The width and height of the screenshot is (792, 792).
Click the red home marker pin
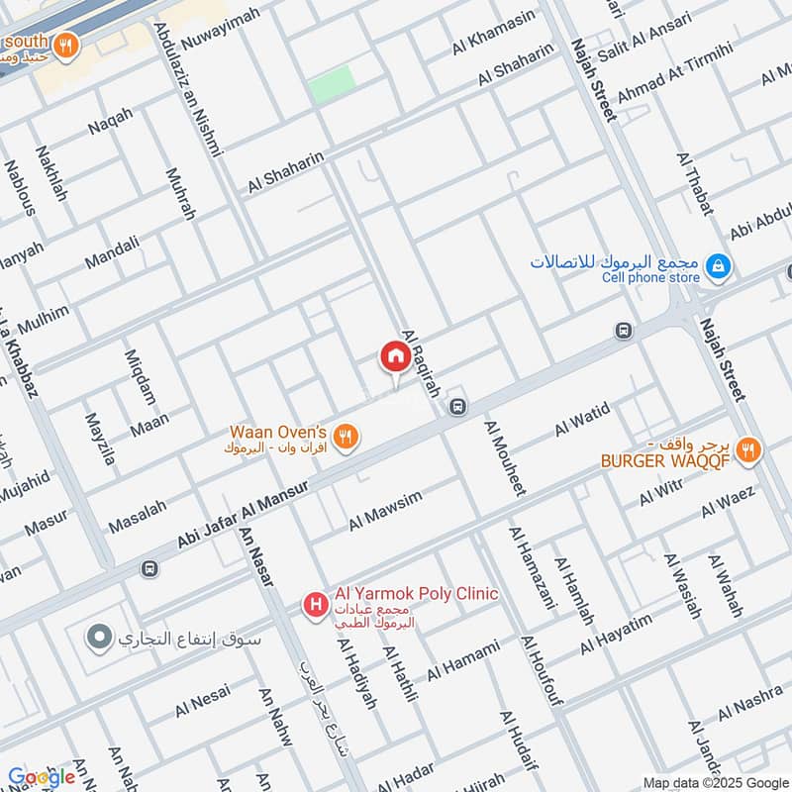[394, 357]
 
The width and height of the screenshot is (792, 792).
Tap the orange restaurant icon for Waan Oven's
[345, 436]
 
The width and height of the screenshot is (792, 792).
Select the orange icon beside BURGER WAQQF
[749, 451]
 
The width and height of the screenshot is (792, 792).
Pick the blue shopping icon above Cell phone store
[719, 265]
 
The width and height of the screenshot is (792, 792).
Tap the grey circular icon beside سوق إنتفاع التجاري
[98, 638]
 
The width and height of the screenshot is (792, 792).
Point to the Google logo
[41, 777]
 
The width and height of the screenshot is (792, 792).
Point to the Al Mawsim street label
[385, 510]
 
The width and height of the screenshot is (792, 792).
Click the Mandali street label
[112, 252]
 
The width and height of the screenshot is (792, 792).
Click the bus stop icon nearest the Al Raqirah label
[457, 406]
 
